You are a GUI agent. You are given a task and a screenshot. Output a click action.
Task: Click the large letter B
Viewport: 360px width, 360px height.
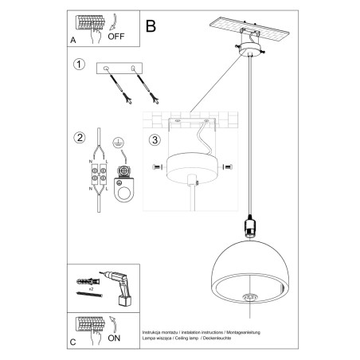tap(151, 25)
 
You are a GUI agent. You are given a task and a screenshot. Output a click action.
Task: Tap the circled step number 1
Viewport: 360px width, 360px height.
tap(78, 65)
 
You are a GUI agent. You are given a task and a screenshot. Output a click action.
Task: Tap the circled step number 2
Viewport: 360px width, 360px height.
tap(78, 138)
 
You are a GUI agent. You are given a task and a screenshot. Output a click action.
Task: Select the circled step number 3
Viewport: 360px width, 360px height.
tap(155, 142)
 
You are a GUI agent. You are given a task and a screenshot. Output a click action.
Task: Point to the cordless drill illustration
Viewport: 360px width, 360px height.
tap(119, 284)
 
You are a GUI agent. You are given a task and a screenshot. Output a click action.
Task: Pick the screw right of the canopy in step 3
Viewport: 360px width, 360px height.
tap(228, 167)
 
